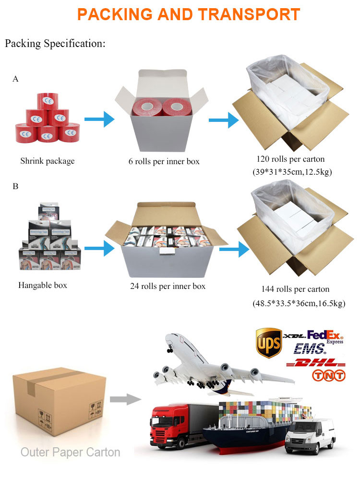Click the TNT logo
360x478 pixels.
tap(329, 376)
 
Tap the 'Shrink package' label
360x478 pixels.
tap(47, 161)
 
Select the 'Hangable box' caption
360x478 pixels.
tap(43, 285)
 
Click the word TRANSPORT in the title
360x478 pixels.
tap(250, 14)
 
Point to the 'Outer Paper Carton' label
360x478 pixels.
tap(70, 452)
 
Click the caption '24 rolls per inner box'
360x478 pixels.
tap(168, 287)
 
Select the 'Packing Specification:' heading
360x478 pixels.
tap(55, 44)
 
